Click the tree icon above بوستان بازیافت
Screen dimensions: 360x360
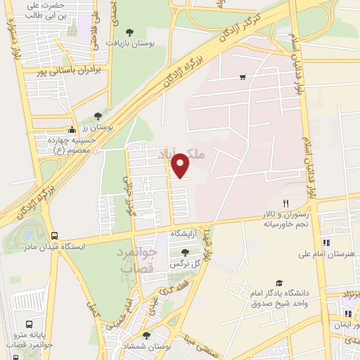[129, 32]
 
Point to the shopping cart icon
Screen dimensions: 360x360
[243, 77]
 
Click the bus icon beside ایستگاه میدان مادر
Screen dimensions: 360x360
[55, 236]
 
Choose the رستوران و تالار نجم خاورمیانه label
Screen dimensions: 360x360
[285, 219]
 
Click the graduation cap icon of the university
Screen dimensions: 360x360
[280, 282]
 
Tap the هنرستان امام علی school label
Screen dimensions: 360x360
[328, 254]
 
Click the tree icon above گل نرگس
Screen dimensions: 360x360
[184, 252]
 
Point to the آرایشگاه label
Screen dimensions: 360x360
[186, 233]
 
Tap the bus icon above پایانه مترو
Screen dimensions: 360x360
[29, 324]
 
